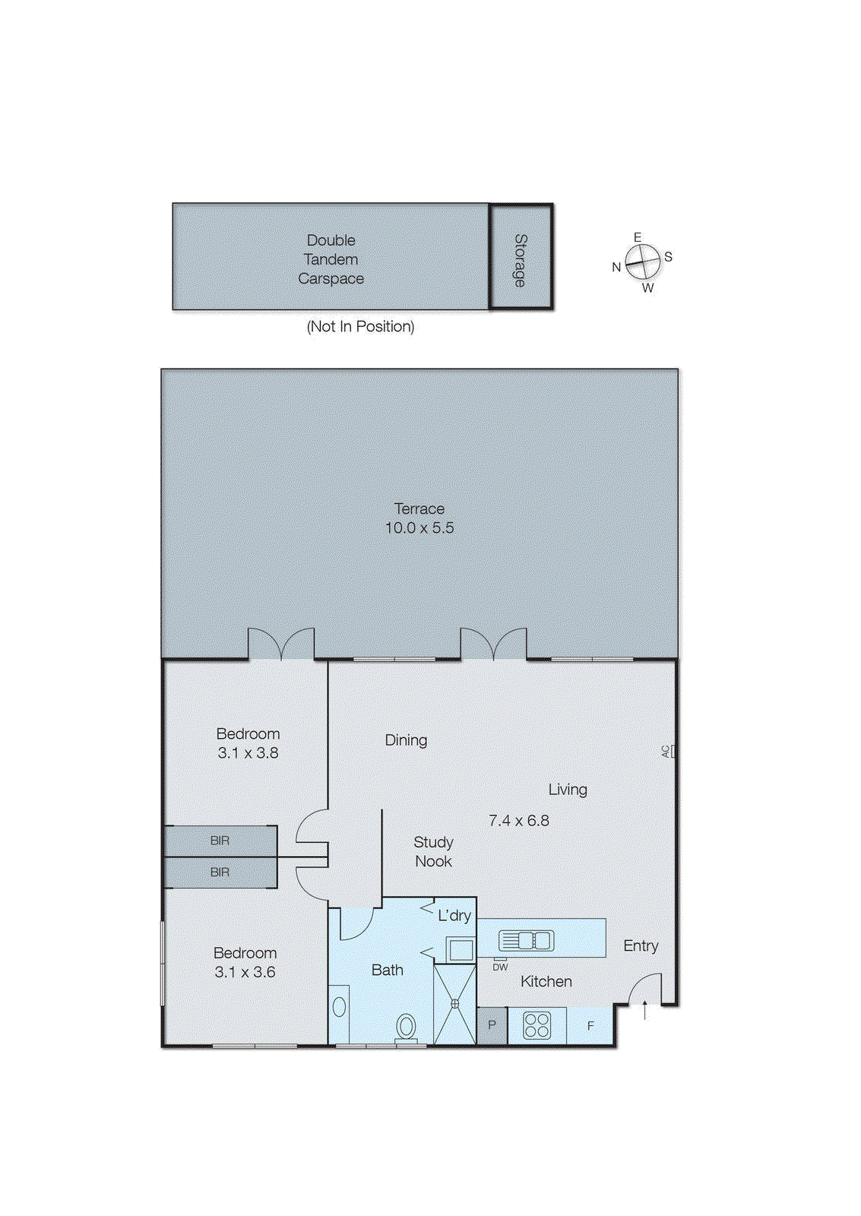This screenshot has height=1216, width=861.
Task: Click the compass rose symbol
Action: click(643, 262)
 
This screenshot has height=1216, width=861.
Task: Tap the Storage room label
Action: click(521, 260)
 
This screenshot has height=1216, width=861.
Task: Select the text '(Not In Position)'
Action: click(360, 327)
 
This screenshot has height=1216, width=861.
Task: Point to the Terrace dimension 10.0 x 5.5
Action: click(419, 528)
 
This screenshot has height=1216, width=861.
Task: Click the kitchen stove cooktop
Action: click(537, 1025)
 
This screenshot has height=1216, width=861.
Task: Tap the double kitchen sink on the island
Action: click(526, 941)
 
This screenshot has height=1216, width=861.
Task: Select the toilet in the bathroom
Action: click(407, 1028)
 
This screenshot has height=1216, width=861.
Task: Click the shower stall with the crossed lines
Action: click(454, 1004)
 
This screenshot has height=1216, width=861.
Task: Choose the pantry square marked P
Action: click(492, 1025)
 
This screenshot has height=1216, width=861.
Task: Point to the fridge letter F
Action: click(590, 1026)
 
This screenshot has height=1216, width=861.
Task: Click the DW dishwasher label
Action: click(500, 967)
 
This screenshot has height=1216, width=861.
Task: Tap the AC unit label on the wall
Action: click(666, 751)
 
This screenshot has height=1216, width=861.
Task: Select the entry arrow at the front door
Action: click(645, 1011)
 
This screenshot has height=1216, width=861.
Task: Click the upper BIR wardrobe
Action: click(220, 841)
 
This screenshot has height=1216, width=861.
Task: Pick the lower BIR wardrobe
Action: click(220, 872)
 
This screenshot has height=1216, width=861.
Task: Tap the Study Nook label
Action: click(433, 852)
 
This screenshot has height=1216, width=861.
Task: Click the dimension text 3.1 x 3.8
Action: click(248, 753)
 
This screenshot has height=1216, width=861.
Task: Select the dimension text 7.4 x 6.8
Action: click(518, 821)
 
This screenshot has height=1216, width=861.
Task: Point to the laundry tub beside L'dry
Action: click(460, 949)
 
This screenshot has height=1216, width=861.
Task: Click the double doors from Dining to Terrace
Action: click(493, 644)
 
